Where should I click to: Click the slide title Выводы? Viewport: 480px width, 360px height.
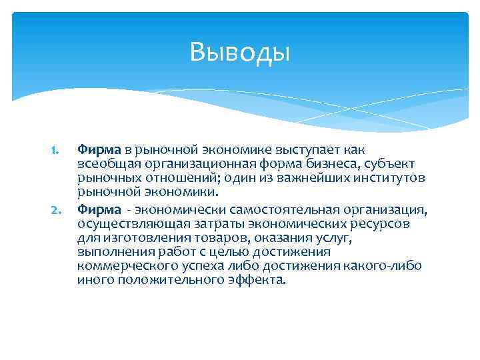[240, 51]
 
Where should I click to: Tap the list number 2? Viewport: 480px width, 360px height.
[56, 211]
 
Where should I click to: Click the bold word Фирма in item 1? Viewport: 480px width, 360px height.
[98, 150]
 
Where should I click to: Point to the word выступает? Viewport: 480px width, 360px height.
[304, 150]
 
